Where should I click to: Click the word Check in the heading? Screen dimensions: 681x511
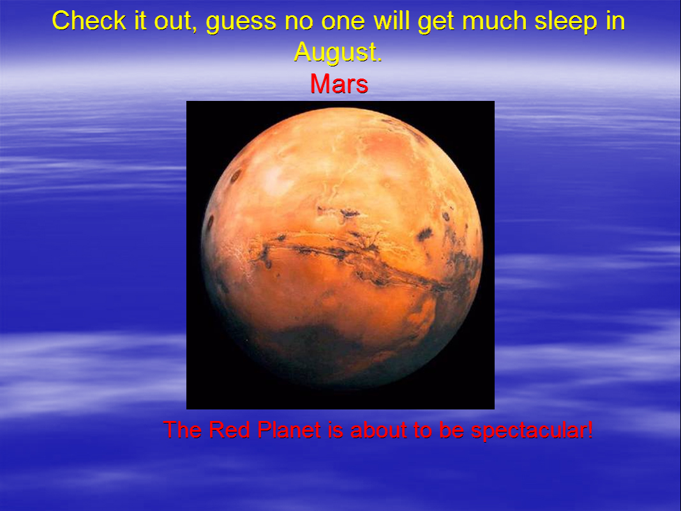[89, 20]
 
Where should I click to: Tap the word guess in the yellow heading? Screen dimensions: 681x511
[241, 22]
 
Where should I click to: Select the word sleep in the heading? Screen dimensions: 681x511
[565, 22]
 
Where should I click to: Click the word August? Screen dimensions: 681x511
[338, 52]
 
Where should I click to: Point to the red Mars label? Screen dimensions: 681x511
[339, 84]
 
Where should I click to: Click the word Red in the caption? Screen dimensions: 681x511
[229, 430]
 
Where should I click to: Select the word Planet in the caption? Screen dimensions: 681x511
[289, 430]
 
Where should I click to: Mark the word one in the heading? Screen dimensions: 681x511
[343, 22]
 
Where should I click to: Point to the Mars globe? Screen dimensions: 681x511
[342, 248]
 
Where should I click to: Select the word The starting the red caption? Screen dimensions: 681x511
[182, 430]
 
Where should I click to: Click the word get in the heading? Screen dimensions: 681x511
[436, 22]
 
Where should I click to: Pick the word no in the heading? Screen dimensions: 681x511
[299, 22]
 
